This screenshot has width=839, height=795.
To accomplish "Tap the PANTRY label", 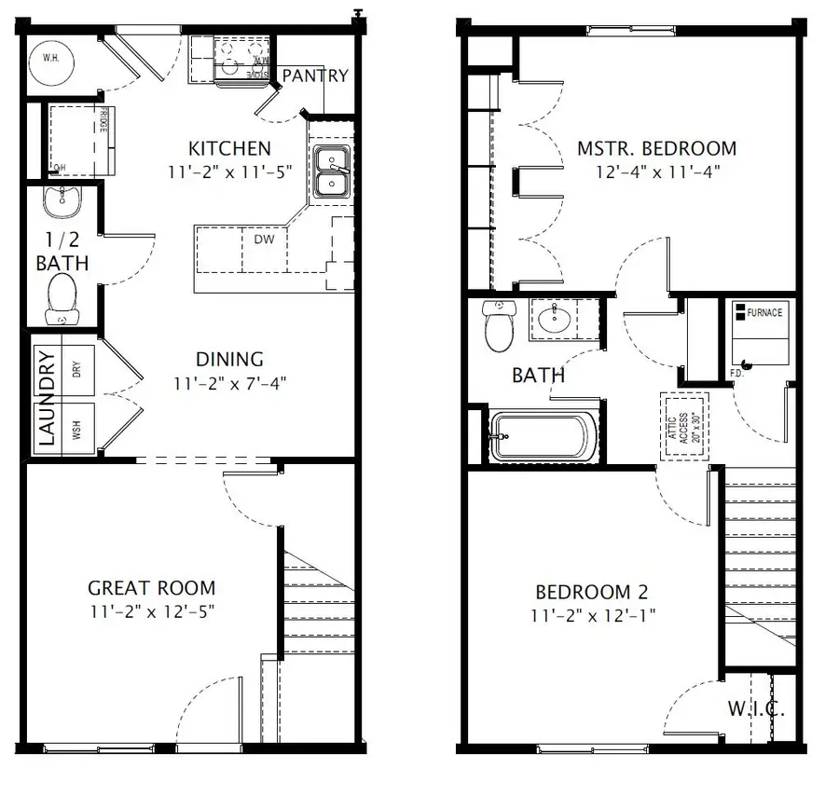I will (x=314, y=75).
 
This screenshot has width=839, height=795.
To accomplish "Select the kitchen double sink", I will (x=330, y=171).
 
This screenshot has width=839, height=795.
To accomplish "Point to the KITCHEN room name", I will (x=229, y=148).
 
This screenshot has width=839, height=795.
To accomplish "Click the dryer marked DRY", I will (x=77, y=369).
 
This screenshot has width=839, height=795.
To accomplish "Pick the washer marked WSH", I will (x=77, y=429).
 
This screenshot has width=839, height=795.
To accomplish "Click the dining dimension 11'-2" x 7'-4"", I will (x=228, y=381).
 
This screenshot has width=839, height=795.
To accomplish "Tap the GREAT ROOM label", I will (x=151, y=588).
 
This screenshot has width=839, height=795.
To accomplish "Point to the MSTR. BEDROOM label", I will (x=656, y=148).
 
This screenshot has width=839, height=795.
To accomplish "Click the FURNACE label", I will (x=763, y=312).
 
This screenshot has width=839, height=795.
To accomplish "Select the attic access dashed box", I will (x=685, y=425).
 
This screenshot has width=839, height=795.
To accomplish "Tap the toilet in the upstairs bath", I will (x=500, y=327).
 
